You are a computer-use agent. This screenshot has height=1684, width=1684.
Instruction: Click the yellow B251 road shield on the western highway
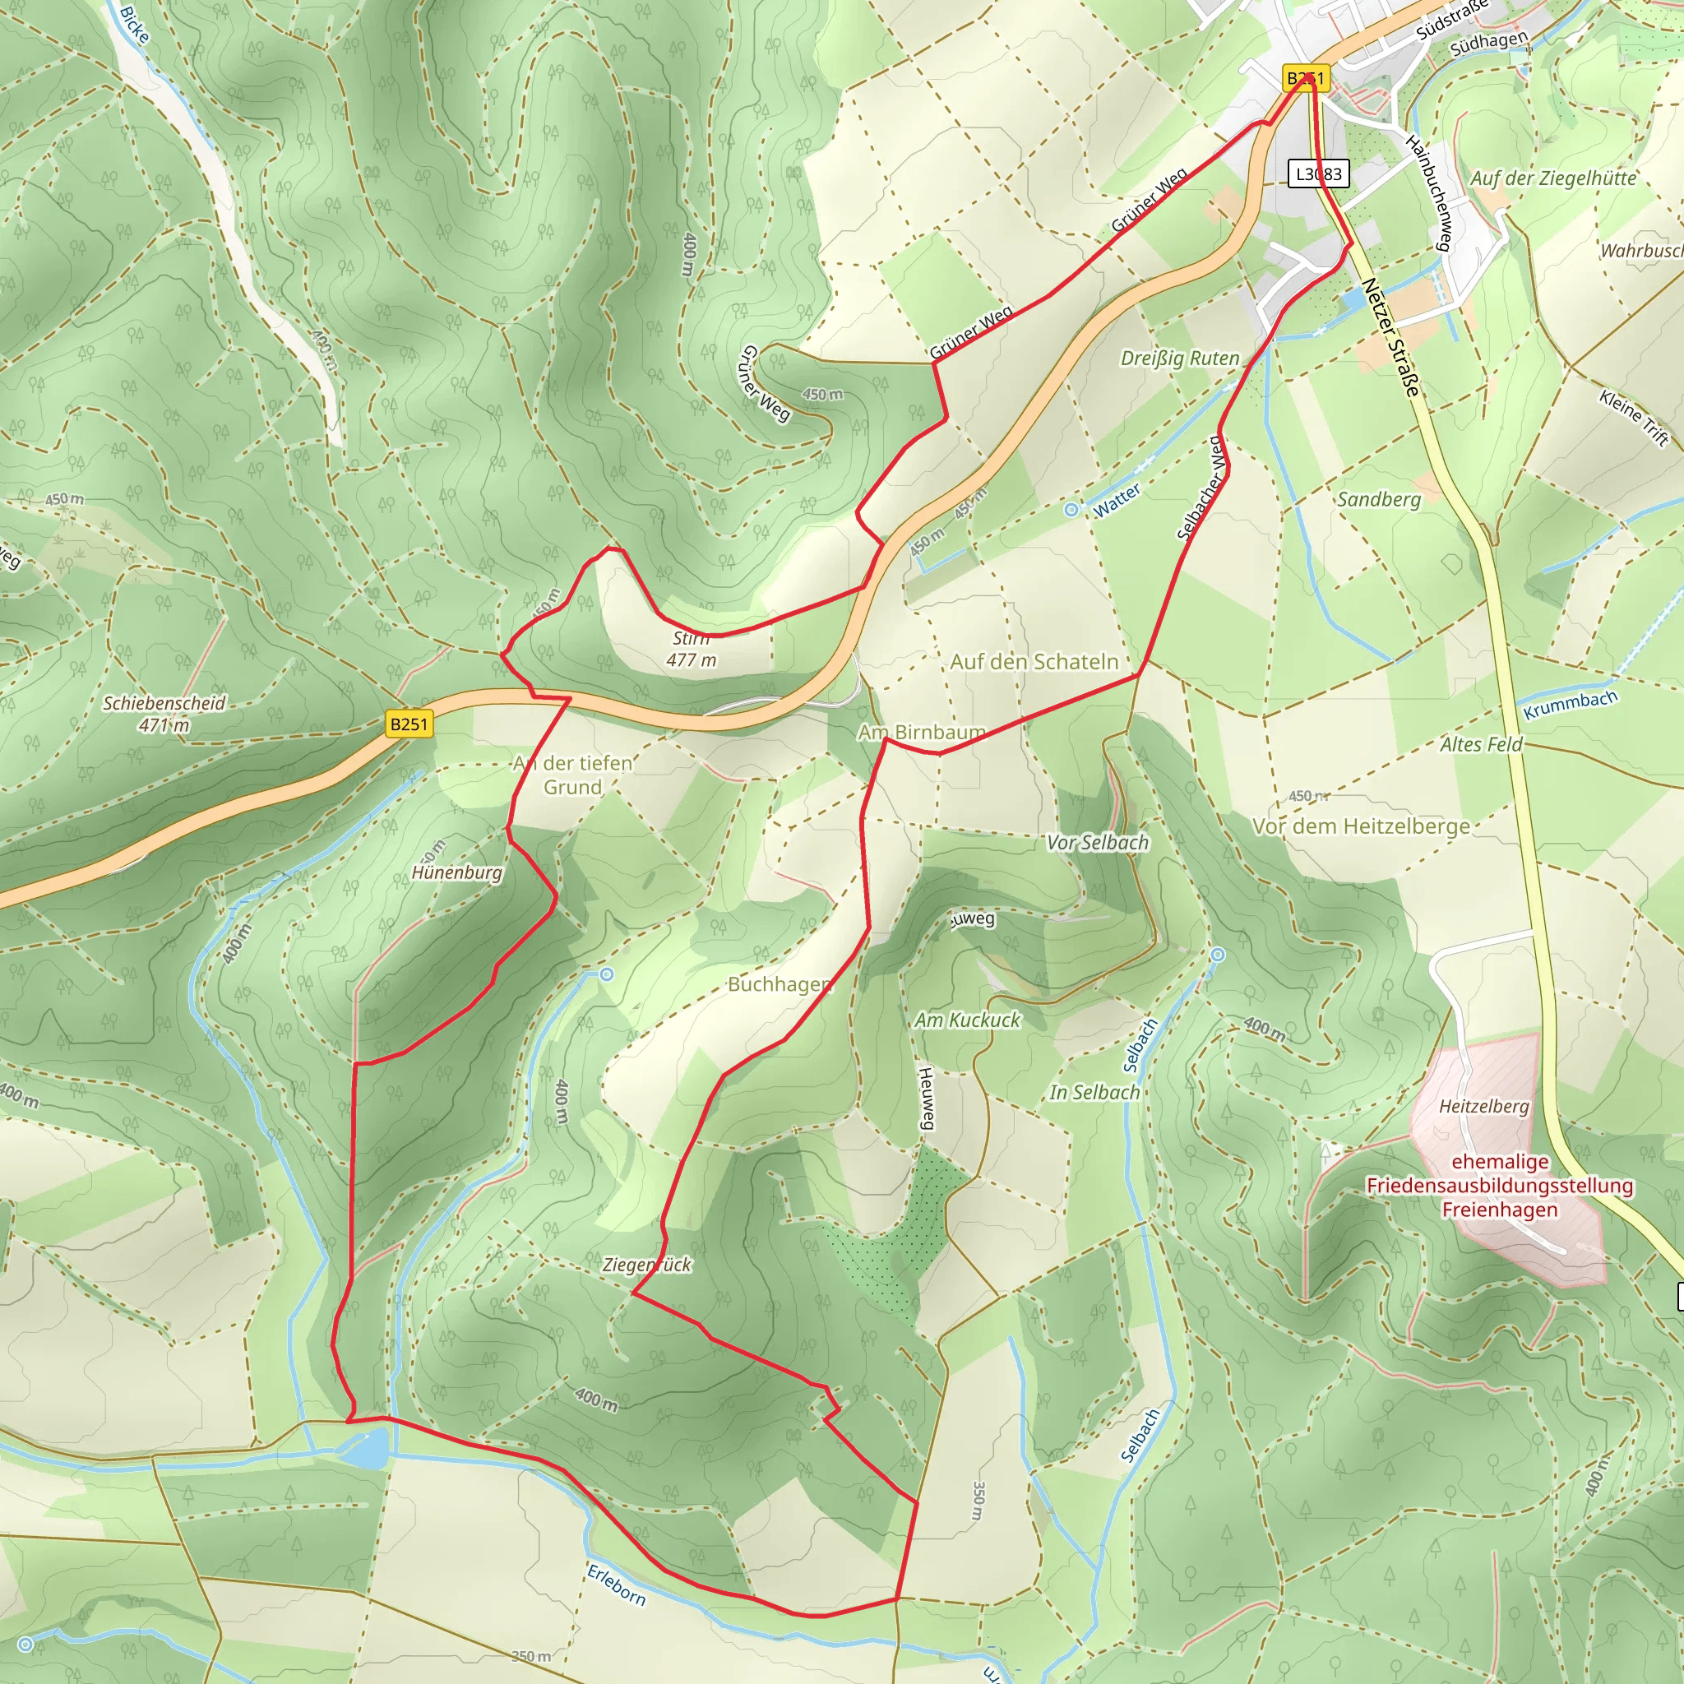tap(409, 724)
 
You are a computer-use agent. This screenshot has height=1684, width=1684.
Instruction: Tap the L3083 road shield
tap(1318, 173)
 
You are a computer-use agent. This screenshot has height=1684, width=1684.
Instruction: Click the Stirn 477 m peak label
tap(692, 650)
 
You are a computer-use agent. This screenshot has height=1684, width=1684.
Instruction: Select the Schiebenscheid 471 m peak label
tap(164, 713)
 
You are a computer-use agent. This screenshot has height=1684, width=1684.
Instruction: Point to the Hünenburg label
tap(456, 872)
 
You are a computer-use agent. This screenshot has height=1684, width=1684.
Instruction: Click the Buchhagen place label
tap(780, 984)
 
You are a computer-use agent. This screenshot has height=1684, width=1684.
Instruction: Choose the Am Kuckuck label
tap(967, 1020)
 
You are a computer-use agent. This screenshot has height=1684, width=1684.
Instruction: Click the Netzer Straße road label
tap(1391, 336)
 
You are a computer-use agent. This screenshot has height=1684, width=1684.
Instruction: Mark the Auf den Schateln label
tap(1034, 662)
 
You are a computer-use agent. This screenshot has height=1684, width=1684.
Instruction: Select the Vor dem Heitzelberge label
tap(1361, 826)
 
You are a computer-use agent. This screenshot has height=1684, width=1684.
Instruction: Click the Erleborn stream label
tap(616, 1585)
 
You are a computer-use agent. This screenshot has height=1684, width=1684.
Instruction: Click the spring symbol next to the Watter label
tap(1071, 510)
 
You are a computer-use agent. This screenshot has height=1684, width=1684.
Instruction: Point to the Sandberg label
tap(1379, 499)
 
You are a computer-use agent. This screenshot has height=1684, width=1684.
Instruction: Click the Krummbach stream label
tap(1570, 706)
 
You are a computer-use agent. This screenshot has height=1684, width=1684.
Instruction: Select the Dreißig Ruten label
tap(1179, 359)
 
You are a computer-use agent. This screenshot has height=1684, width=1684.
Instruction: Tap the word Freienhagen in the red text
tap(1499, 1210)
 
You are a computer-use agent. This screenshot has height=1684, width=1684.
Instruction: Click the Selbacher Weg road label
tap(1202, 489)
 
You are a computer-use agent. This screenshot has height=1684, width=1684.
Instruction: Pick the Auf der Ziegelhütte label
tap(1553, 178)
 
